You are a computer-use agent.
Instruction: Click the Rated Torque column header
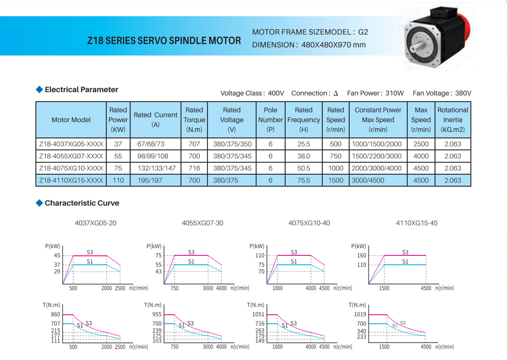[194, 120]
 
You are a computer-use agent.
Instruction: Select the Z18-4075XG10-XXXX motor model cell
[71, 168]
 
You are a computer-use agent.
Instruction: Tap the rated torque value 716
[194, 168]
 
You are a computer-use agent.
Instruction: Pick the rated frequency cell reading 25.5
[304, 144]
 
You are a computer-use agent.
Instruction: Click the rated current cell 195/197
[150, 180]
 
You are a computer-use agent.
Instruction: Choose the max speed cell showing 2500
[421, 144]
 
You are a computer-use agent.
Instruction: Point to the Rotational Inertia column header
[453, 120]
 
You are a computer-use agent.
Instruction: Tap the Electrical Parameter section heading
[81, 90]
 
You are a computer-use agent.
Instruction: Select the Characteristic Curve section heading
[82, 203]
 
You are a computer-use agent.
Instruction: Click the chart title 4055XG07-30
[202, 223]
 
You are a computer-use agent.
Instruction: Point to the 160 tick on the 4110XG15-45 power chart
[361, 255]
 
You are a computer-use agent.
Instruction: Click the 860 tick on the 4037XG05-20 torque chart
[55, 315]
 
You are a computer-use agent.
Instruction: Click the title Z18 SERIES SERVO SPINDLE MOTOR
[164, 41]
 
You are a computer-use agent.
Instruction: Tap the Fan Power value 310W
[394, 93]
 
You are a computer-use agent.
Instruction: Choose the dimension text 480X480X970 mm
[334, 45]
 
